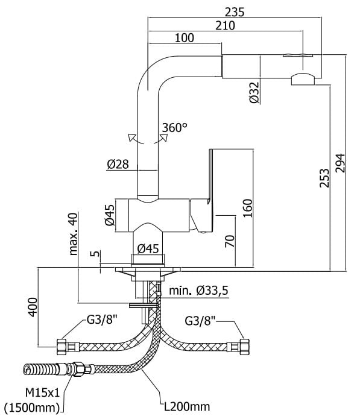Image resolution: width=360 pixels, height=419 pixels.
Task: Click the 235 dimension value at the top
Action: (x=235, y=12)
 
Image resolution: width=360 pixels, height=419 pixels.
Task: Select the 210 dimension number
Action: (x=226, y=26)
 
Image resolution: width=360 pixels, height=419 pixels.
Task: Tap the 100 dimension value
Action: (x=185, y=38)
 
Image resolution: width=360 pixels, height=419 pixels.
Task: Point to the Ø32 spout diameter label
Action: (x=254, y=92)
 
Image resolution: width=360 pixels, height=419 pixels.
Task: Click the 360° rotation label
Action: (x=174, y=127)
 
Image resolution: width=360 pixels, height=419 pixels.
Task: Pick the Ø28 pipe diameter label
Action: (x=118, y=164)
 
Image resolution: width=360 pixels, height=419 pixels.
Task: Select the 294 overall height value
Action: (x=340, y=163)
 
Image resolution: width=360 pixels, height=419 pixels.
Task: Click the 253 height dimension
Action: (x=324, y=178)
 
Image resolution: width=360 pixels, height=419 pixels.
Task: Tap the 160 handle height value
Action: (x=248, y=208)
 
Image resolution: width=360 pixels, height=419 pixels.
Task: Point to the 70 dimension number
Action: (x=230, y=241)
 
